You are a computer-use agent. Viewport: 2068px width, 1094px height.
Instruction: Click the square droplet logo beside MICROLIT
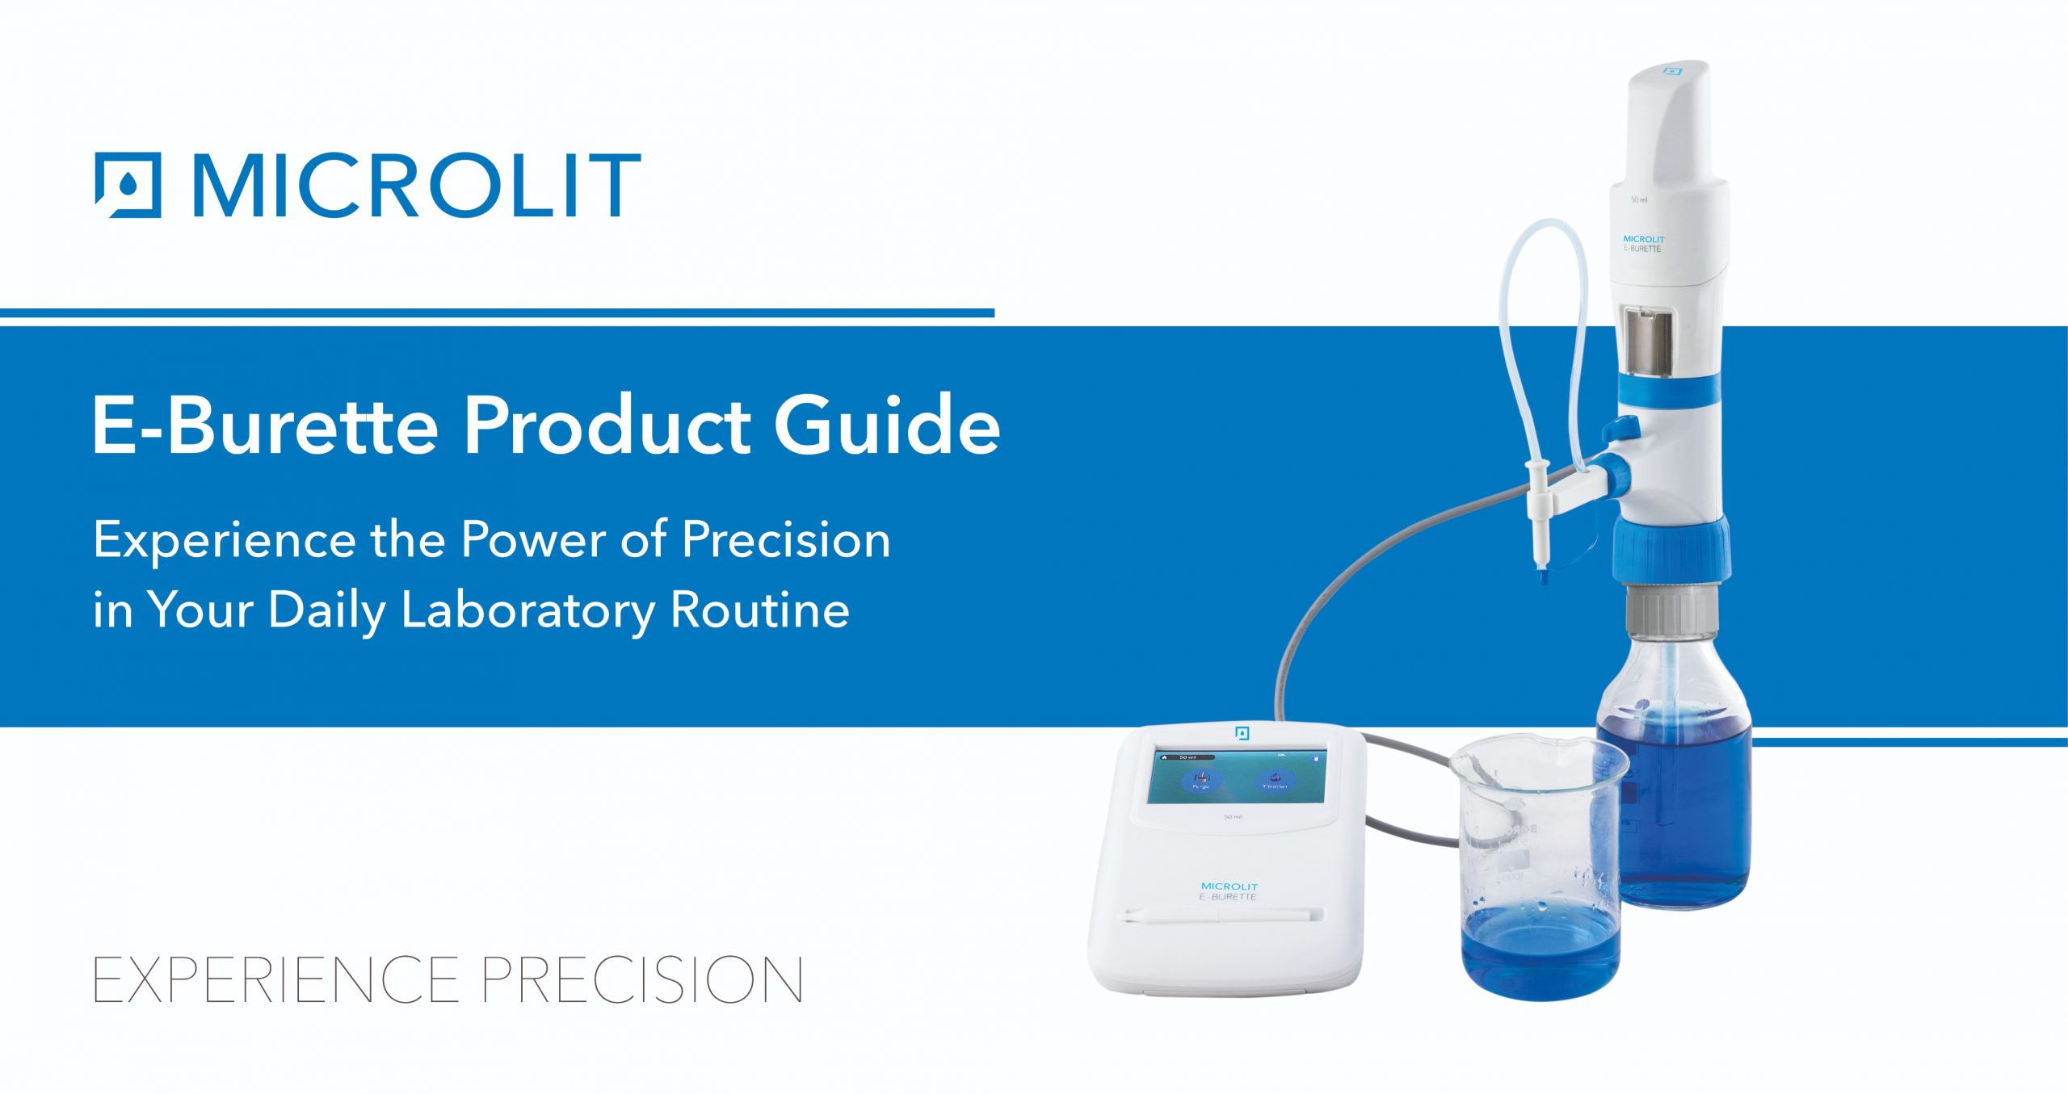tap(128, 185)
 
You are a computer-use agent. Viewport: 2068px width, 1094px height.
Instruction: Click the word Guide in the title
tap(886, 425)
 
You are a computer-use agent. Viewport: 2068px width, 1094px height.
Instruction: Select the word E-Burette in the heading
tap(264, 425)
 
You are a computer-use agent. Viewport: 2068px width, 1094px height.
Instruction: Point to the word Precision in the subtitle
tap(785, 539)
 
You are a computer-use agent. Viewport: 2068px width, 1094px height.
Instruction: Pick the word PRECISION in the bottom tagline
tap(642, 980)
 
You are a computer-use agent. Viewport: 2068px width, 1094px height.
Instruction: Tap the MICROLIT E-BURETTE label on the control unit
tap(1228, 891)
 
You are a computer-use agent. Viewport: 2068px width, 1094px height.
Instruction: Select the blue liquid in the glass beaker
tap(1539, 953)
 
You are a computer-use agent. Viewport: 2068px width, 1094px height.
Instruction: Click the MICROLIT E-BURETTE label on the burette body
tap(1643, 244)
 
